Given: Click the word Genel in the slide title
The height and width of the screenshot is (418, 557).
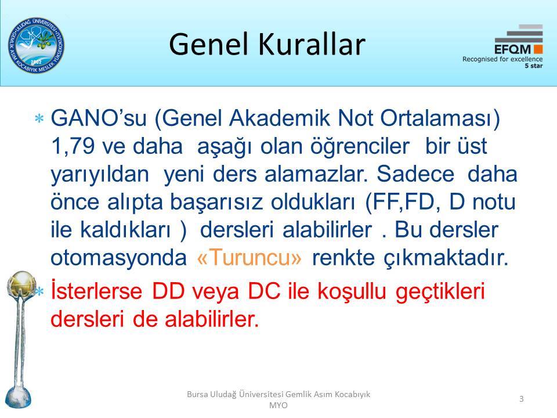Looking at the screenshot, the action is tap(208, 44).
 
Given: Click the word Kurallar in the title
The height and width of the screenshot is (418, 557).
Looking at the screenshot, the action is tap(312, 44).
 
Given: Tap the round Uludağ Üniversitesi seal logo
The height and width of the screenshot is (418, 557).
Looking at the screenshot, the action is tap(36, 45).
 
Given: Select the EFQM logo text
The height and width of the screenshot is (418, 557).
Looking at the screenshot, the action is tap(512, 49).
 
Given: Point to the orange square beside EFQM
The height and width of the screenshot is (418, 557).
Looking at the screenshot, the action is tap(538, 49).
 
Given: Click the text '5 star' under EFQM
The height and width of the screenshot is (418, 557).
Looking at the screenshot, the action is tap(534, 66).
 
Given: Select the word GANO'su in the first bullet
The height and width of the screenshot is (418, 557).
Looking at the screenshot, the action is tap(99, 118).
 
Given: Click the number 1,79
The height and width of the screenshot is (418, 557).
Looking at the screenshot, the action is tap(73, 146).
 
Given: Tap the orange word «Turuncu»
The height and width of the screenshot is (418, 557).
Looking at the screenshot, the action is tap(249, 257).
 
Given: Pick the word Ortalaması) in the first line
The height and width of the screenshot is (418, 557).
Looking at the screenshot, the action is tap(440, 118).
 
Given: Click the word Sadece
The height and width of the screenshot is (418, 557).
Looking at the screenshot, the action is tap(415, 174).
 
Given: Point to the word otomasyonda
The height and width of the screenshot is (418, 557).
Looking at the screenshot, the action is tap(118, 257).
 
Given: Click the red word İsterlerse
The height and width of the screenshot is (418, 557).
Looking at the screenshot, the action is tap(97, 291).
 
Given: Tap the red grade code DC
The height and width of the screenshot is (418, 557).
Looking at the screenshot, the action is tap(264, 291).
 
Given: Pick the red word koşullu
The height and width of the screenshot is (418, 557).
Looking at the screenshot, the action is tap(352, 292).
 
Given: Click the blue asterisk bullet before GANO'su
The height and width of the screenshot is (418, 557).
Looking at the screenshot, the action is tap(39, 118).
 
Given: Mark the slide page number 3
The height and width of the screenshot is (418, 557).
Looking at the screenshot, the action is tap(522, 399).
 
